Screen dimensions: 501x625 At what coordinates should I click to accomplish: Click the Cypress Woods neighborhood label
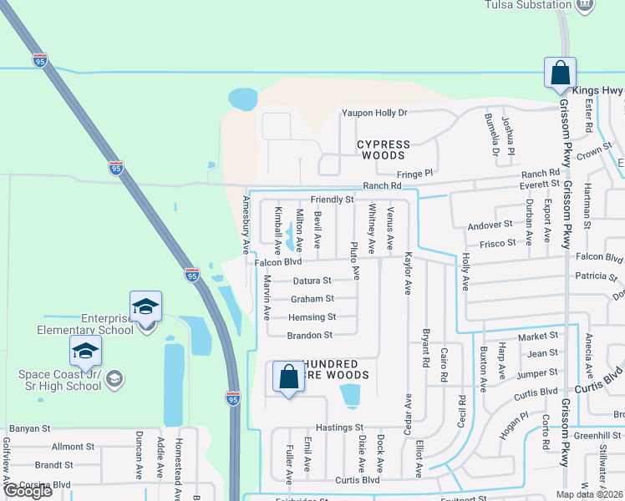tap(384, 149)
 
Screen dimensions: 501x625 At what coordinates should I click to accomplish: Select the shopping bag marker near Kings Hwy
tap(559, 73)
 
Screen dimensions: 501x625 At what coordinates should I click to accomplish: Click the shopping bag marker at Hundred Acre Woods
tap(288, 377)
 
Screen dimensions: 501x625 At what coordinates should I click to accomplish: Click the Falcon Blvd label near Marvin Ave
tap(278, 262)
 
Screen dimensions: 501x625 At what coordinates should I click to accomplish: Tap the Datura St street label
tap(311, 281)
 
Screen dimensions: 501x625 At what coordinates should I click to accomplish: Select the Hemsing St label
tap(312, 317)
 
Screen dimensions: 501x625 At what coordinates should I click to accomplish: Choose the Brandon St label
tap(310, 335)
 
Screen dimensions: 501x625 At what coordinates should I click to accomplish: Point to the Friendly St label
tap(333, 200)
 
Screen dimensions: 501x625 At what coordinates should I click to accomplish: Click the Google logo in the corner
tap(28, 491)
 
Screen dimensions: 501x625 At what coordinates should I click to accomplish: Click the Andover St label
tap(490, 225)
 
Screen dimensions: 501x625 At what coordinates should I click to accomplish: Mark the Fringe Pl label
tap(414, 174)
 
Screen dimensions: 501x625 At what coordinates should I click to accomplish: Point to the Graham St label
tap(312, 299)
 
